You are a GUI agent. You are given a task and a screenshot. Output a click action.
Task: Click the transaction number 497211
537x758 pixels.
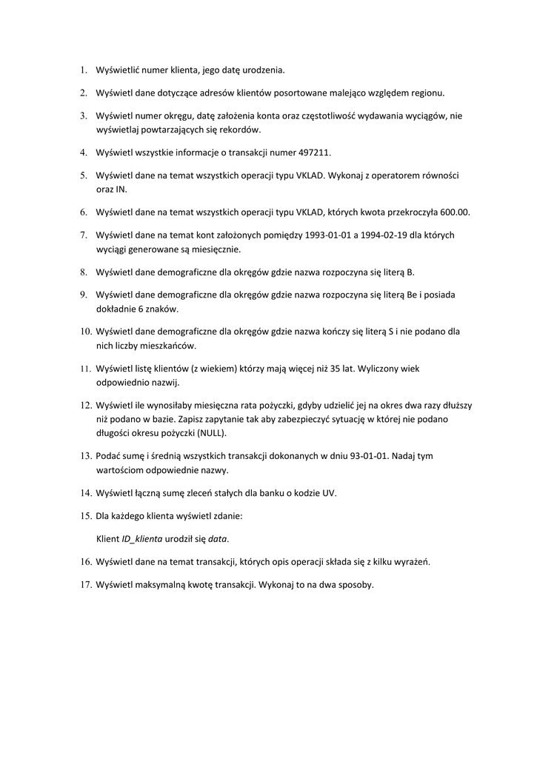[x=315, y=152]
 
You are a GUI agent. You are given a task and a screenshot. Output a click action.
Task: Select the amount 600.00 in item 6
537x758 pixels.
[x=454, y=212]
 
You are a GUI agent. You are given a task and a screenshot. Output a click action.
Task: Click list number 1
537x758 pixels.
[x=83, y=70]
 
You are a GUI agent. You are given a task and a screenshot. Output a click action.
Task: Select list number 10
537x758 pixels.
[x=85, y=332]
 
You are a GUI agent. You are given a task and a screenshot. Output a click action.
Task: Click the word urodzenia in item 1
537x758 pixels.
[x=261, y=70]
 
